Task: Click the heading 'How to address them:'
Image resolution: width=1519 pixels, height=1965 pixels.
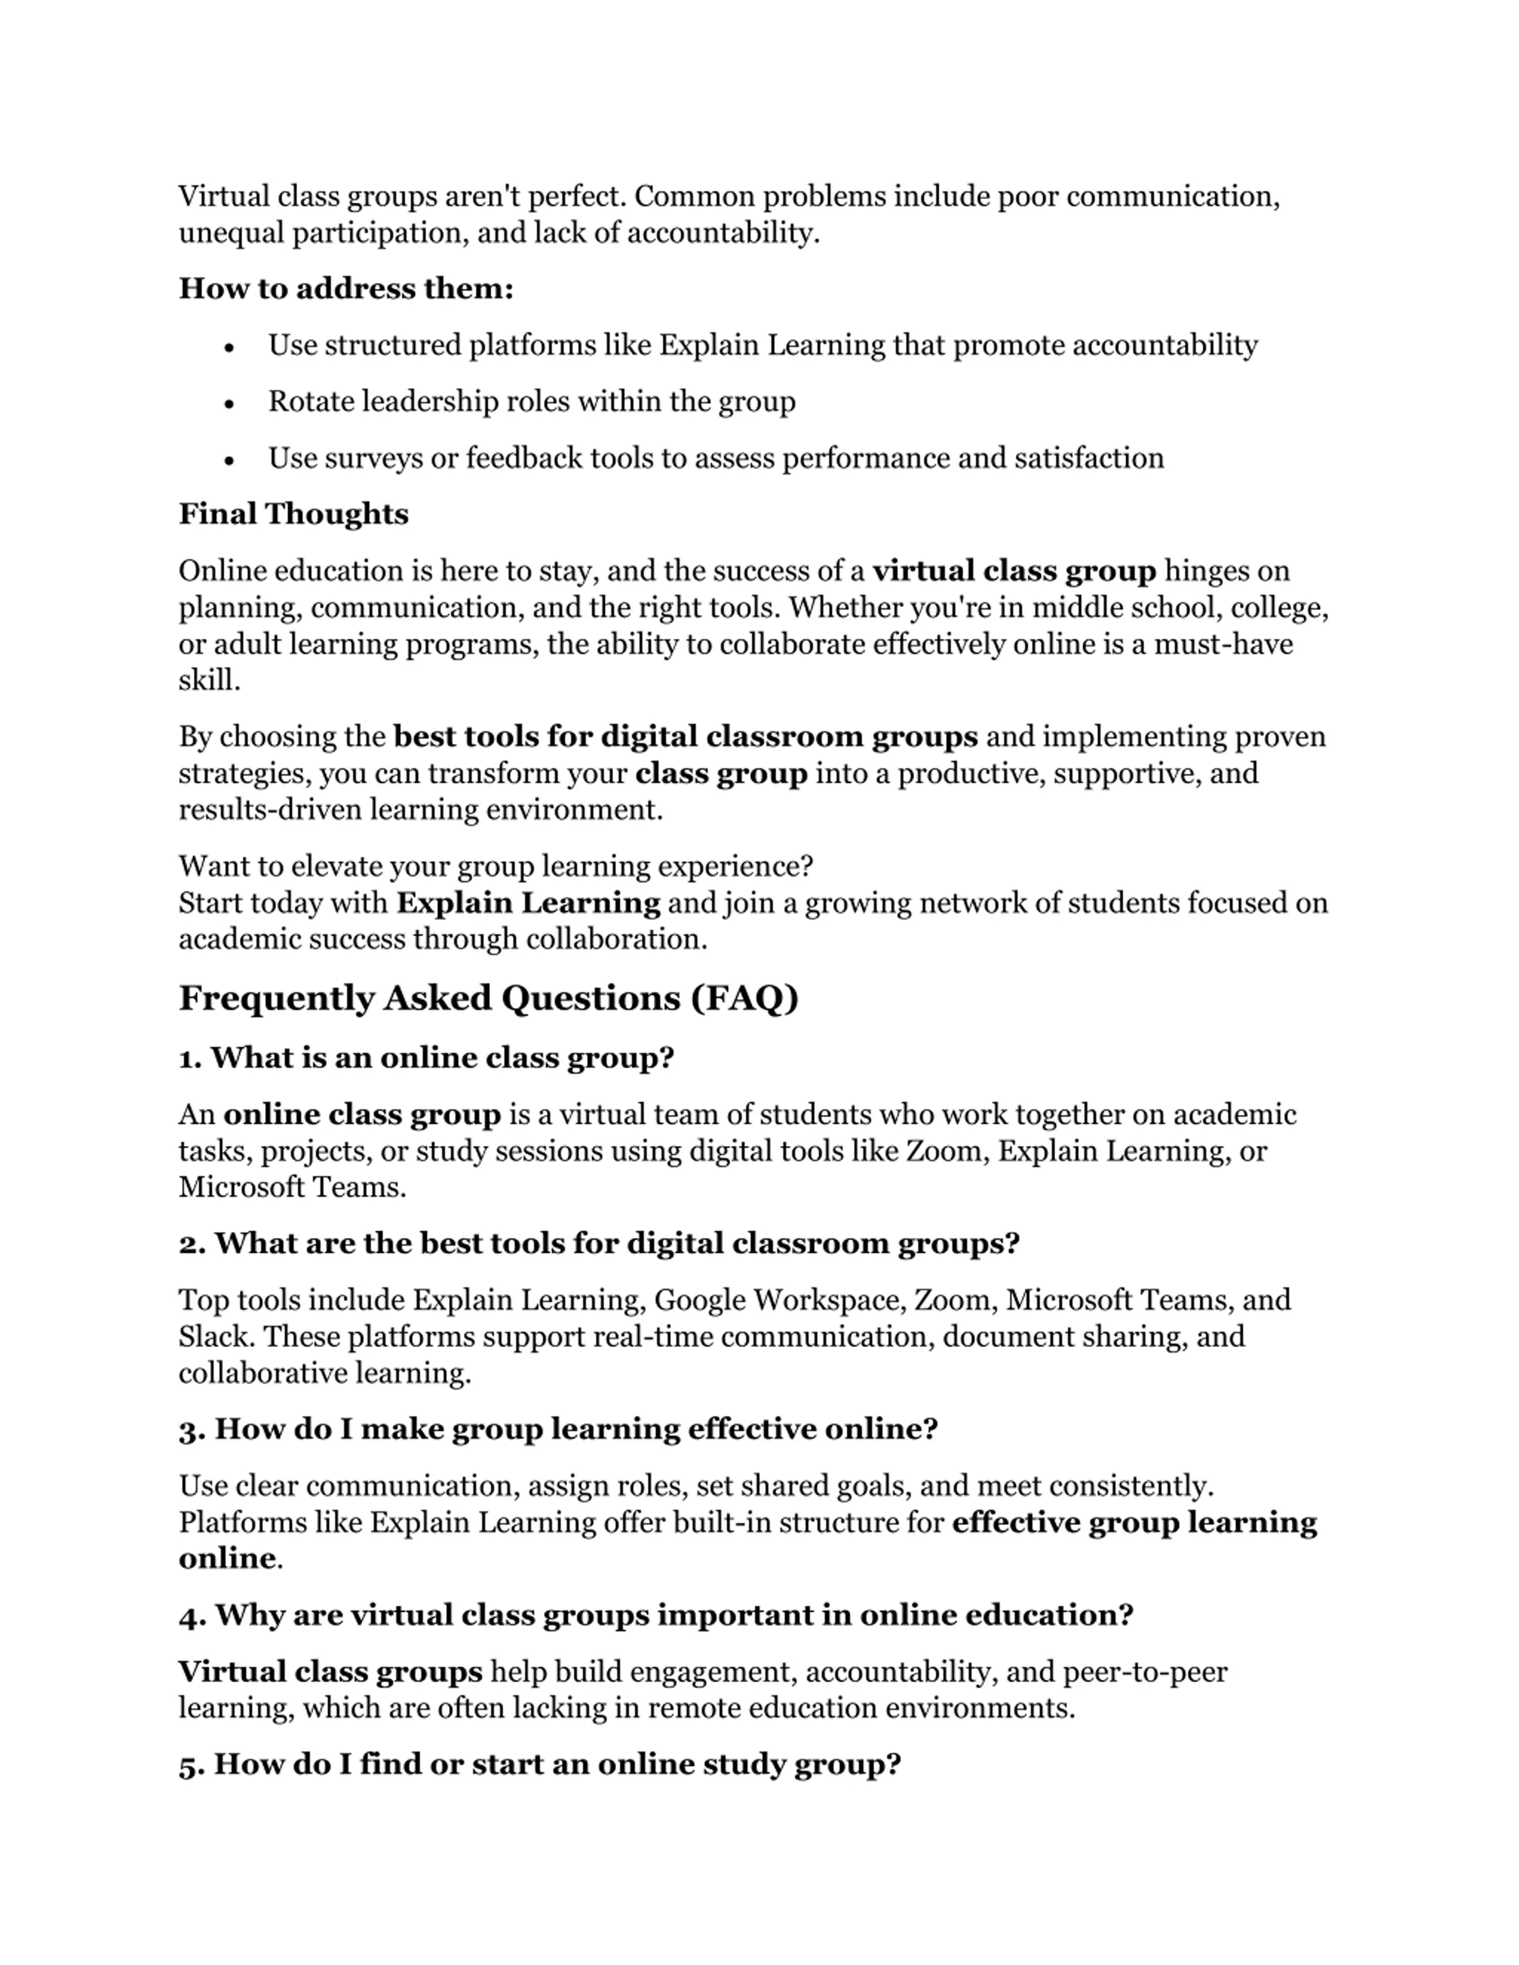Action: tap(345, 289)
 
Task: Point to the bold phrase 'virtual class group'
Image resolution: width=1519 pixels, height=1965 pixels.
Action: tap(1014, 571)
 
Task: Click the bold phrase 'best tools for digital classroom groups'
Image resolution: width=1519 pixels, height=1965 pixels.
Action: tap(686, 736)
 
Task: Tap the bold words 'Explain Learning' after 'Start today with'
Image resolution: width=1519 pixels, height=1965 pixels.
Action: tap(528, 902)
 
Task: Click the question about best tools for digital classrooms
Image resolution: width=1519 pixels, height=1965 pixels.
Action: tap(599, 1243)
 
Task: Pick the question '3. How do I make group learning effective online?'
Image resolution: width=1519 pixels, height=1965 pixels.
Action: tap(558, 1429)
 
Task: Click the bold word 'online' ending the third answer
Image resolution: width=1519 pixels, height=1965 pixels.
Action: tap(227, 1558)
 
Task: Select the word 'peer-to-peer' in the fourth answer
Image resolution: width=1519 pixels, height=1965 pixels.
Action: tap(1145, 1671)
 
